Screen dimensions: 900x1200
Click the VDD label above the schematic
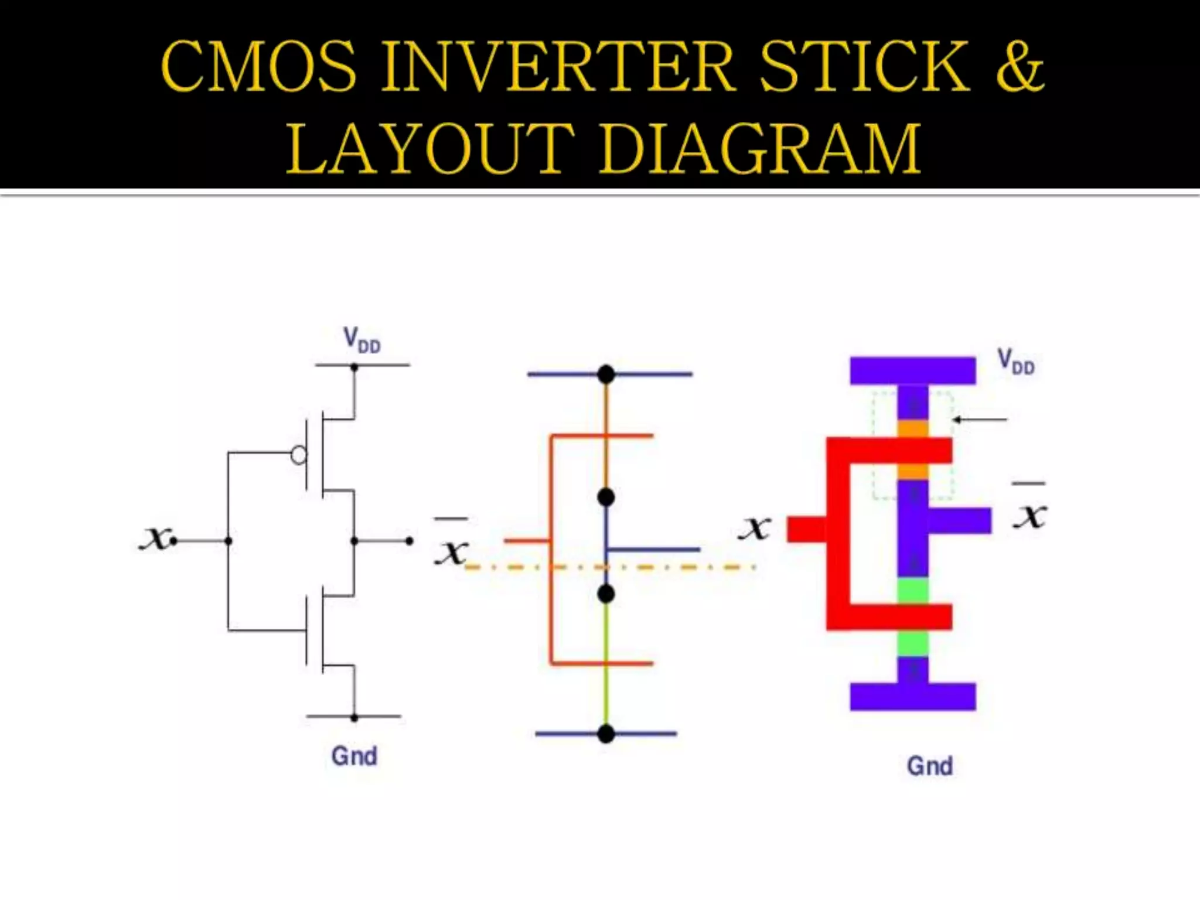coord(362,340)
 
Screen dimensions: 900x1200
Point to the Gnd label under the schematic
coord(354,756)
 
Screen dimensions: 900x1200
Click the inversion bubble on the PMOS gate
coord(299,455)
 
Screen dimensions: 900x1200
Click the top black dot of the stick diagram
coord(606,374)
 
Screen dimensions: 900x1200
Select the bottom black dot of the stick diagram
coord(606,733)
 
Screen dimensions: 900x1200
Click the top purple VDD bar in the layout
coord(912,370)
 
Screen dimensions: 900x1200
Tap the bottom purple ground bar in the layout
coord(912,697)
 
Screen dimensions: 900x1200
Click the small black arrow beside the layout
coord(980,420)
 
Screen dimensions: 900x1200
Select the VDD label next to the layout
coord(1016,362)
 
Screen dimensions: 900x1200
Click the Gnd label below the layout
coord(929,766)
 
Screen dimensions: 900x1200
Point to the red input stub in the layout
coord(806,529)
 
